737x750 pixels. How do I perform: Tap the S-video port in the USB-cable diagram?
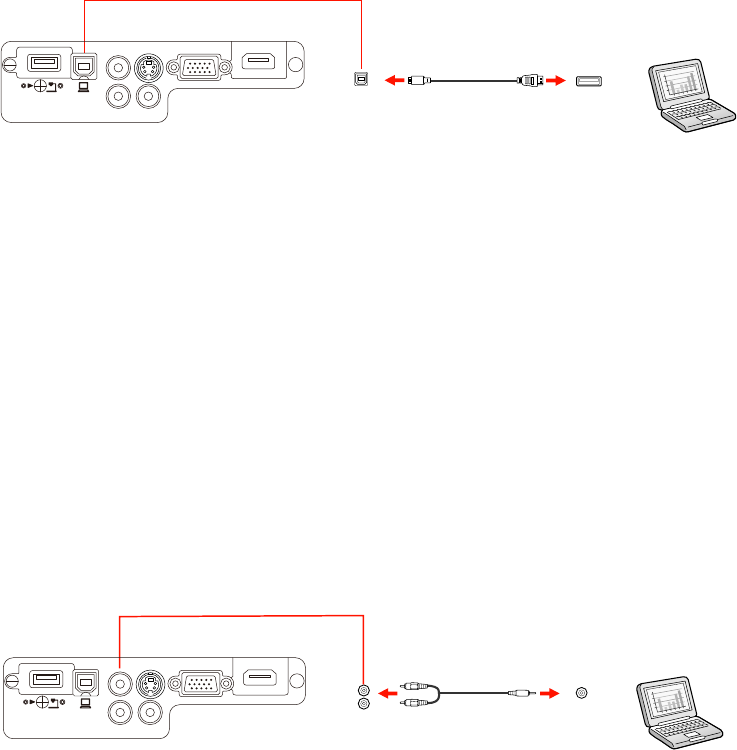click(148, 69)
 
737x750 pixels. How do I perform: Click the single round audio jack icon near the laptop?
click(584, 691)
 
